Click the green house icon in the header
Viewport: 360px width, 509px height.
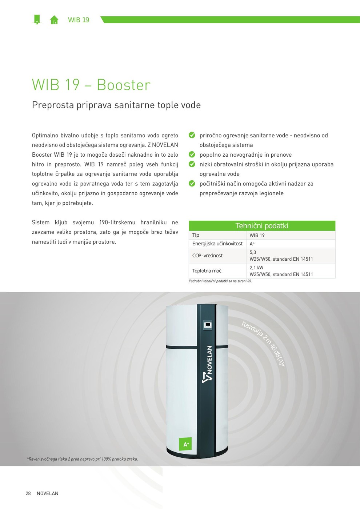pos(54,20)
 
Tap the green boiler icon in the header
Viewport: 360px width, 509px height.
pos(37,20)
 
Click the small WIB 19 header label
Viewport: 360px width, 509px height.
pos(79,20)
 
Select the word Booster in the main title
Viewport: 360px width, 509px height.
pos(124,85)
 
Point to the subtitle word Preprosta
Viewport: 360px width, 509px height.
pos(53,105)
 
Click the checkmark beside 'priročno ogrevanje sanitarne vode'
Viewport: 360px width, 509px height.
pos(192,135)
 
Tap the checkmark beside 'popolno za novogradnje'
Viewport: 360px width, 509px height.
pos(192,155)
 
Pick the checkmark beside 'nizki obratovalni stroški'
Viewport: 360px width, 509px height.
pos(192,164)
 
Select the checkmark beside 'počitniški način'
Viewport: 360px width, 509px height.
pos(192,183)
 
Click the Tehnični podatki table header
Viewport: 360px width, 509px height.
pos(262,226)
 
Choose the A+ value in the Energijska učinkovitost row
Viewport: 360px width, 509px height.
pos(252,244)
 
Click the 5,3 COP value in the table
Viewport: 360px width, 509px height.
pos(253,252)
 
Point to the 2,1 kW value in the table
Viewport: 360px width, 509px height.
pos(256,268)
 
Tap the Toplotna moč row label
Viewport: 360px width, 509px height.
pos(207,270)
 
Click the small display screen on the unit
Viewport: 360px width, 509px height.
pos(208,325)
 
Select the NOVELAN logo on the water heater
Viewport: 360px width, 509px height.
pos(208,364)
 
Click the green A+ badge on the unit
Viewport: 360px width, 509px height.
pos(185,444)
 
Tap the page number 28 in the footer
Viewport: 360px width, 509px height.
pos(28,493)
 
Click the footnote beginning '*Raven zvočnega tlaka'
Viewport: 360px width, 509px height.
pos(82,459)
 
